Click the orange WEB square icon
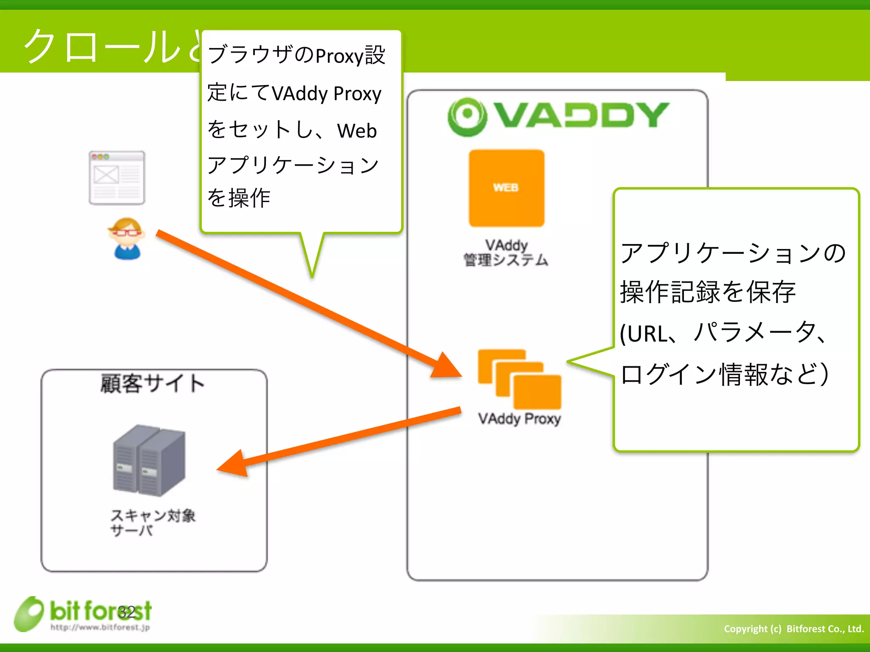point(506,188)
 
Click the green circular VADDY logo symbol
point(467,117)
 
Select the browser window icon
point(117,178)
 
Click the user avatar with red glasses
point(127,239)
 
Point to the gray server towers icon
point(149,460)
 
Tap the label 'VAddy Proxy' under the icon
point(519,419)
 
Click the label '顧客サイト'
point(153,384)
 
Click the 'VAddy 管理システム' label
point(506,253)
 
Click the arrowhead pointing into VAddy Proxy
point(446,366)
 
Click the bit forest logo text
point(100,611)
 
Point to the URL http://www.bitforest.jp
point(100,627)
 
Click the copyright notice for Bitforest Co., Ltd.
point(794,629)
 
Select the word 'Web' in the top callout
point(357,131)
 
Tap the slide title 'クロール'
point(102,47)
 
